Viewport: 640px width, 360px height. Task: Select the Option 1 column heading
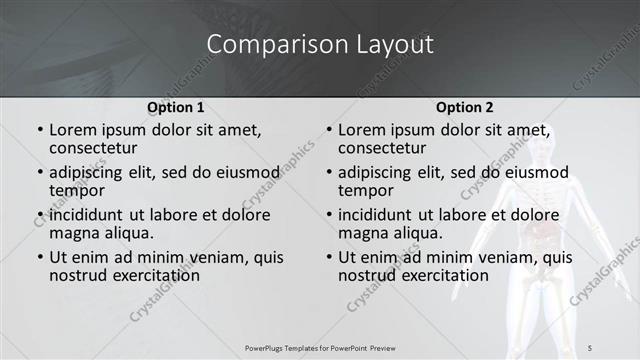pyautogui.click(x=176, y=107)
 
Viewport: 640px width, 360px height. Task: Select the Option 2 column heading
pyautogui.click(x=464, y=107)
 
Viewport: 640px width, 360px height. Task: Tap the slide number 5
pyautogui.click(x=590, y=347)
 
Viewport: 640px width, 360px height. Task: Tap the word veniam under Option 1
pyautogui.click(x=215, y=257)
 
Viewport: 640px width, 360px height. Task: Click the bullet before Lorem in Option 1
pyautogui.click(x=40, y=130)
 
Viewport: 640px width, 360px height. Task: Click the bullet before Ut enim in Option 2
pyautogui.click(x=329, y=257)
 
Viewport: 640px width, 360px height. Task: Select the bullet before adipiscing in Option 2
pyautogui.click(x=329, y=172)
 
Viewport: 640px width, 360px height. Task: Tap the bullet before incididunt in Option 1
pyautogui.click(x=40, y=215)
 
